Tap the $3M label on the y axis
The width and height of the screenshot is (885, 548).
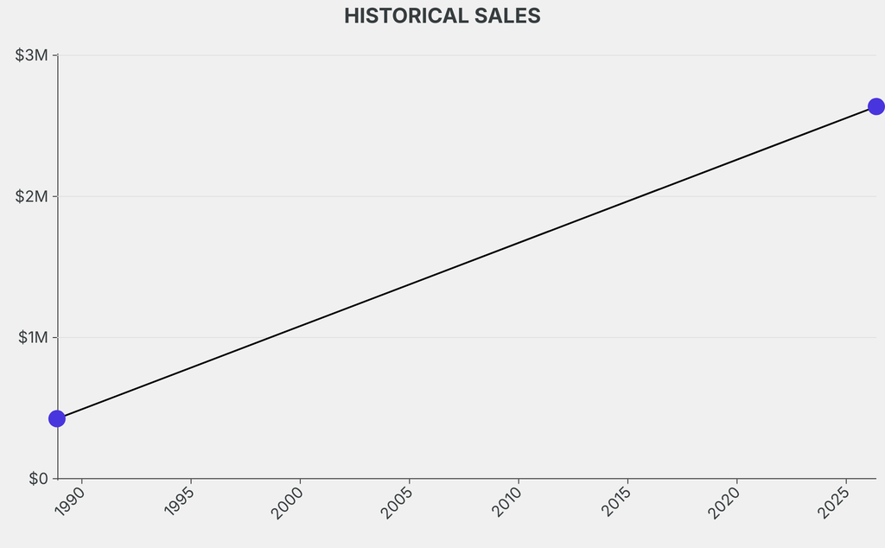pyautogui.click(x=32, y=55)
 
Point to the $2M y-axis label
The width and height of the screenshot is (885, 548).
pyautogui.click(x=32, y=196)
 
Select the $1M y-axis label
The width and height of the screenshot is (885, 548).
pyautogui.click(x=33, y=337)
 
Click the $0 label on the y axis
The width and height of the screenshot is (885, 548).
pyautogui.click(x=38, y=479)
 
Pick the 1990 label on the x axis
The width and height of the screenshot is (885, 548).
pyautogui.click(x=70, y=501)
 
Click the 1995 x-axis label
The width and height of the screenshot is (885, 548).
pyautogui.click(x=179, y=501)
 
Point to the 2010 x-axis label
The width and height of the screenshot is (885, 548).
pyautogui.click(x=506, y=502)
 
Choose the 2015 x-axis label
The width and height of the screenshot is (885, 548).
pyautogui.click(x=615, y=502)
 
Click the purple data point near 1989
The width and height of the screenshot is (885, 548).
pyautogui.click(x=57, y=418)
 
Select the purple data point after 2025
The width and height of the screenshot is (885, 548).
pyautogui.click(x=876, y=106)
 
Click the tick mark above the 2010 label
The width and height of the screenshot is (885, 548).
pyautogui.click(x=519, y=481)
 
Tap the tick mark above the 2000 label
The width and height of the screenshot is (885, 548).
pyautogui.click(x=300, y=481)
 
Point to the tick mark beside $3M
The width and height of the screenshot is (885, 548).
pyautogui.click(x=54, y=55)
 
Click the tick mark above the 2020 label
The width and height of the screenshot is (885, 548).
pyautogui.click(x=737, y=481)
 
